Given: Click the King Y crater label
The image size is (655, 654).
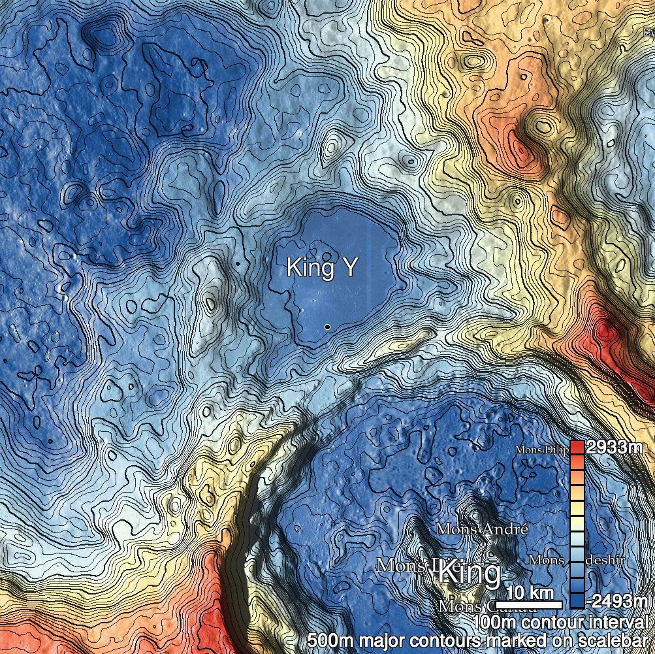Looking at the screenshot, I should click(321, 268).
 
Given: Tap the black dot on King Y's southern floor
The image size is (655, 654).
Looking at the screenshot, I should click(327, 326).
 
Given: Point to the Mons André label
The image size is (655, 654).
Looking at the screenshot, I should click(481, 529).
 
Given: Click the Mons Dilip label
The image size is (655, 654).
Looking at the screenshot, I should click(542, 450).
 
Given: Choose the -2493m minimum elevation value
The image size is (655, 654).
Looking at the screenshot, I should click(616, 600).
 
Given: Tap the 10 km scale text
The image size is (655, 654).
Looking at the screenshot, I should click(530, 593).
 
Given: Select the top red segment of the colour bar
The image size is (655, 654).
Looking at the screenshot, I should click(577, 448).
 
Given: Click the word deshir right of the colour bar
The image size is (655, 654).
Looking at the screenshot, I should click(605, 560).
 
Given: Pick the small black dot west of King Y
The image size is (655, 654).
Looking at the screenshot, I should click(238, 263).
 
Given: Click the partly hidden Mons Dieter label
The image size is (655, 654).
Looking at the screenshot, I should click(405, 566).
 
